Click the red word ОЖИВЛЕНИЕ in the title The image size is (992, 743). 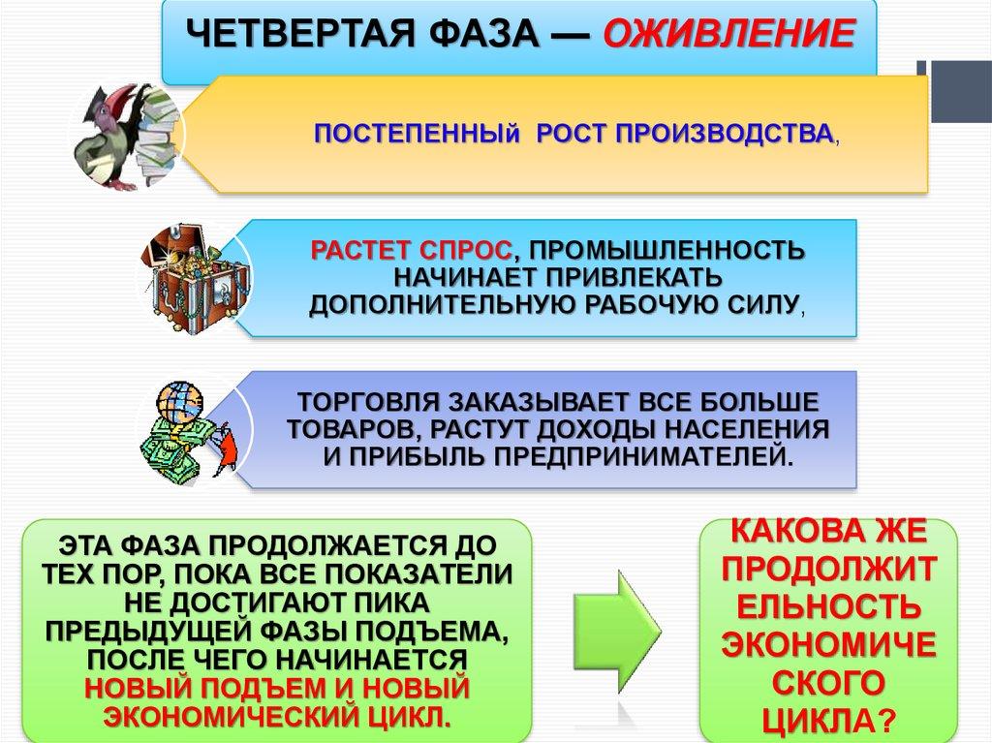tap(729, 33)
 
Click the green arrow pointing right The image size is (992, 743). tap(617, 631)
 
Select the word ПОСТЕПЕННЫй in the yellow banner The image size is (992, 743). tap(417, 135)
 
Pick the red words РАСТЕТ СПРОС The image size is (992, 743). tap(411, 251)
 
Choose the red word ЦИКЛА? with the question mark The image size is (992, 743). tap(829, 720)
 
